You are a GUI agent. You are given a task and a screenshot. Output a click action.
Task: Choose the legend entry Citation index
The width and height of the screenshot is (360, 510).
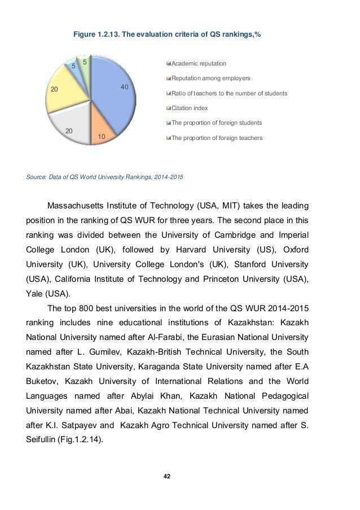pyautogui.click(x=190, y=107)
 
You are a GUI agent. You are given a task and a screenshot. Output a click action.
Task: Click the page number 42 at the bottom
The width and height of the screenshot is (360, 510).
pyautogui.click(x=166, y=476)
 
